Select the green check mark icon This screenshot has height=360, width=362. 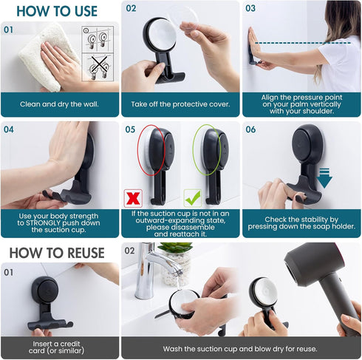click(x=192, y=197)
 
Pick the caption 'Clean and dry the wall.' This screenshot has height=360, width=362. click(x=60, y=103)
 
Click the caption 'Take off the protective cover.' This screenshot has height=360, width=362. click(x=180, y=103)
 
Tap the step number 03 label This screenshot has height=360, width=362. click(x=250, y=8)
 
